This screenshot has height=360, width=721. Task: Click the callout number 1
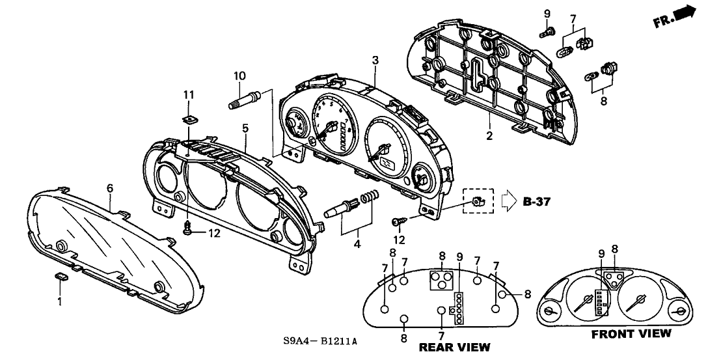click(59, 302)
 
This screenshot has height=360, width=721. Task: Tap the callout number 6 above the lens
click(110, 188)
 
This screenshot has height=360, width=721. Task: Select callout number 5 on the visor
click(245, 129)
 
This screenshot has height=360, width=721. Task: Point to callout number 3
click(375, 61)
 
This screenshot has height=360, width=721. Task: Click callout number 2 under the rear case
click(489, 136)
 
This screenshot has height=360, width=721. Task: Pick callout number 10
click(239, 76)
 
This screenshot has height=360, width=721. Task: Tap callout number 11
click(188, 96)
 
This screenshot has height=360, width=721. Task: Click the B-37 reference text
click(537, 202)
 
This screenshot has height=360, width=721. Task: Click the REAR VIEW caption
click(454, 348)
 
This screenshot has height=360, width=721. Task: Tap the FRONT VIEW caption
click(630, 334)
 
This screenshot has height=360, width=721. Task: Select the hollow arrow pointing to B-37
click(508, 202)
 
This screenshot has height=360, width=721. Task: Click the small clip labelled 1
click(62, 278)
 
